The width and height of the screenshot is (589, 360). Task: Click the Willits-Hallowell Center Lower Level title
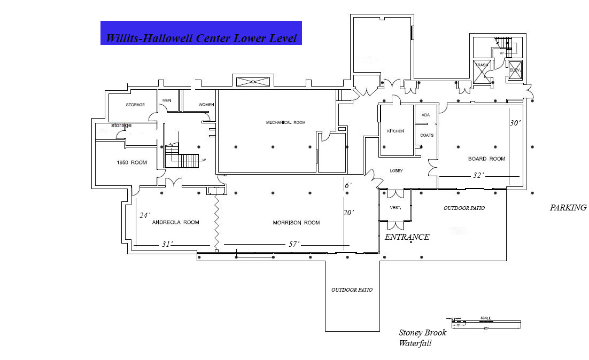[x=201, y=38]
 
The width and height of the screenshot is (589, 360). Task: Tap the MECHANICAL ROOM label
[x=285, y=122]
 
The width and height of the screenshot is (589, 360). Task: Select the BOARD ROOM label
[x=486, y=159]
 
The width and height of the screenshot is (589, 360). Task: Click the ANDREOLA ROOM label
[x=176, y=222]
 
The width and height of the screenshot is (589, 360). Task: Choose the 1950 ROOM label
[x=131, y=162]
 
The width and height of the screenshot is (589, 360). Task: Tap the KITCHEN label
[x=396, y=131]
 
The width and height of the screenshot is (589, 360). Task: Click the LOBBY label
[x=396, y=170]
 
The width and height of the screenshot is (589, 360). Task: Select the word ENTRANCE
[x=407, y=237]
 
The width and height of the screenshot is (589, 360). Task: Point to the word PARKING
[x=568, y=208]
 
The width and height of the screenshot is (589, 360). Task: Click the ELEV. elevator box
[x=515, y=71]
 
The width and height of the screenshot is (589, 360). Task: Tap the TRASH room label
[x=482, y=65]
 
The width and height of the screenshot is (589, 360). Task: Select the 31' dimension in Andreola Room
[x=168, y=244]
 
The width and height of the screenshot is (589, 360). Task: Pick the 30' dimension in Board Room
[x=515, y=122]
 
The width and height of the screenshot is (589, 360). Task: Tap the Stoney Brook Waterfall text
[x=422, y=338]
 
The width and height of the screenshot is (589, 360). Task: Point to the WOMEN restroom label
[x=206, y=105]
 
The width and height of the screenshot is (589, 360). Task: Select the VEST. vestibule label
[x=396, y=207]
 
